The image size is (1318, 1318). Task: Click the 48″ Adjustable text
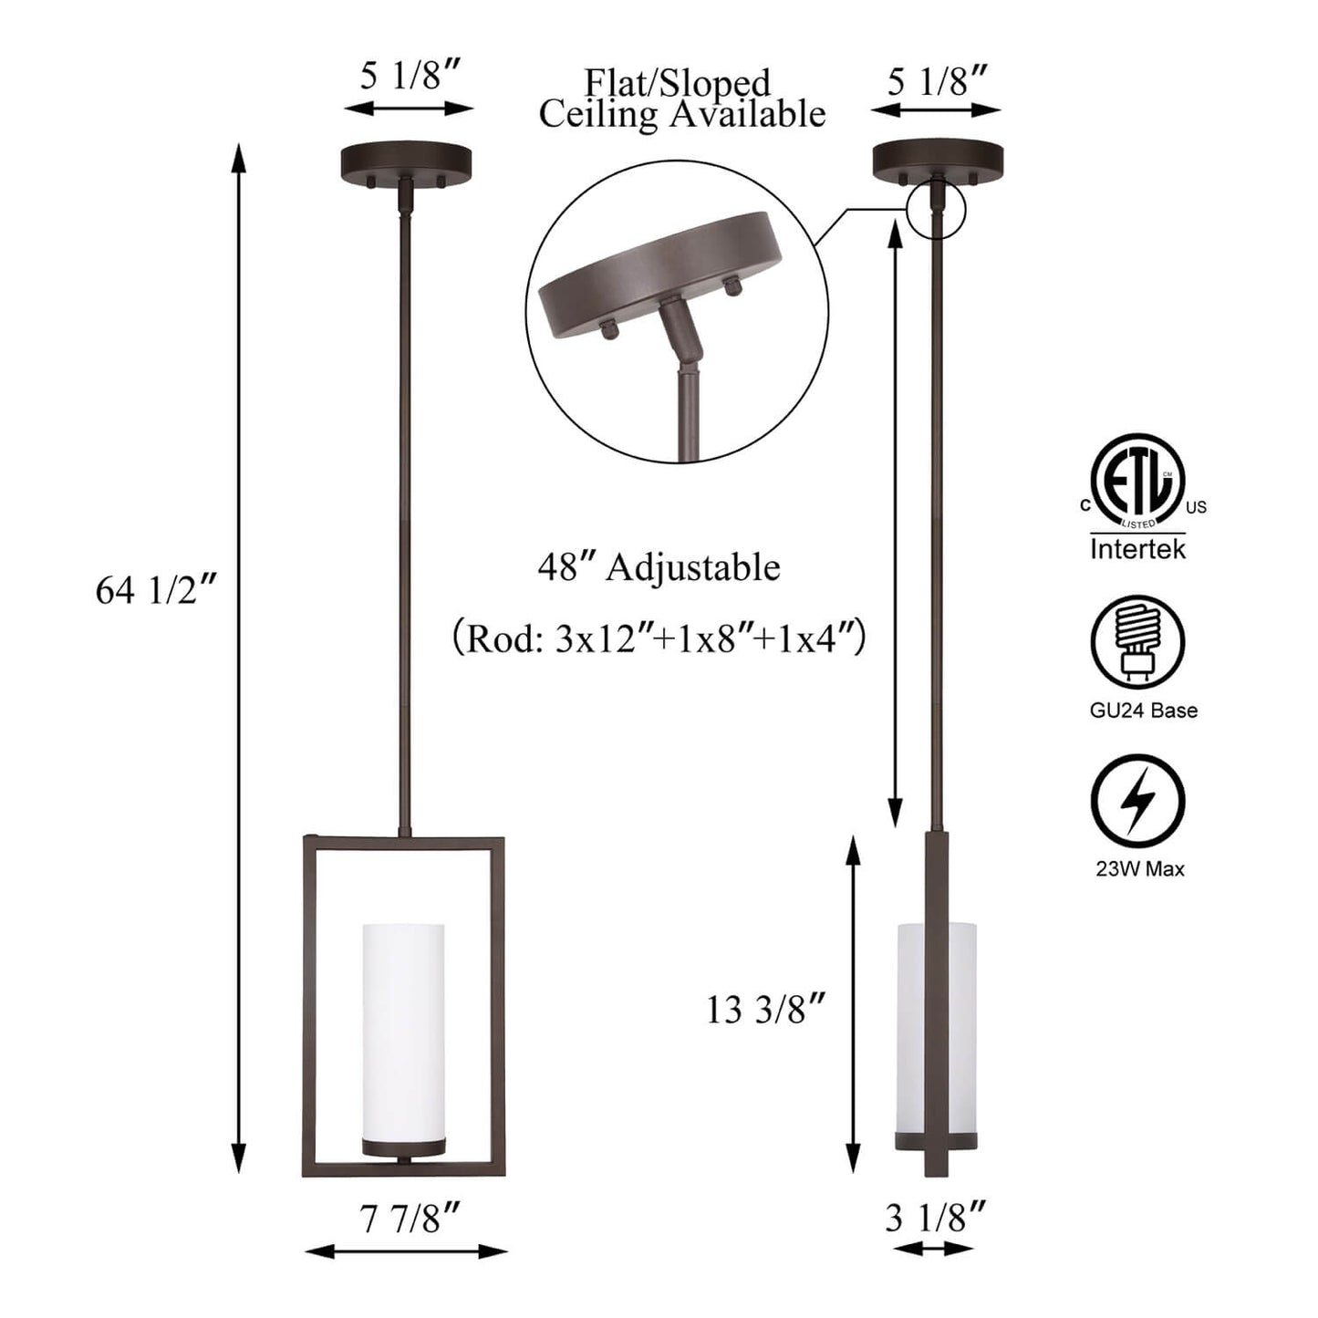pyautogui.click(x=659, y=567)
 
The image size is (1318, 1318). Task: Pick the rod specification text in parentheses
pyautogui.click(x=659, y=638)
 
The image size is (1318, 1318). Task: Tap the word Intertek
pyautogui.click(x=1138, y=549)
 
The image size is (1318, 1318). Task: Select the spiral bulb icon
pyautogui.click(x=1138, y=641)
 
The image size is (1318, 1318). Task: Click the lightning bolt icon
pyautogui.click(x=1138, y=801)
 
